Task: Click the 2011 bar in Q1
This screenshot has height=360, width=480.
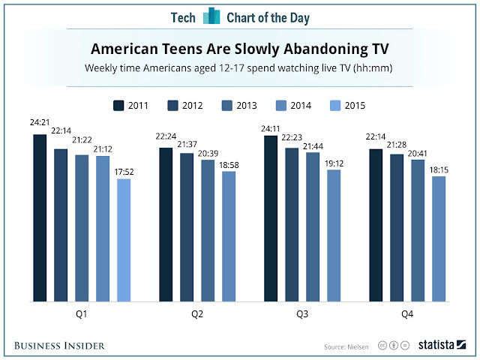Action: [40, 218]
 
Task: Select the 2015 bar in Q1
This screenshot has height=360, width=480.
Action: [123, 240]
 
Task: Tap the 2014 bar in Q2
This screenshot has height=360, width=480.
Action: [228, 236]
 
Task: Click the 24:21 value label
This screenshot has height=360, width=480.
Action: [39, 125]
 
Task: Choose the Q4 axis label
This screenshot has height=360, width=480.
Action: [407, 315]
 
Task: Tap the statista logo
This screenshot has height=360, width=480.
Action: [442, 345]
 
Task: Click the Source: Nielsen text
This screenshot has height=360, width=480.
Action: [346, 346]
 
